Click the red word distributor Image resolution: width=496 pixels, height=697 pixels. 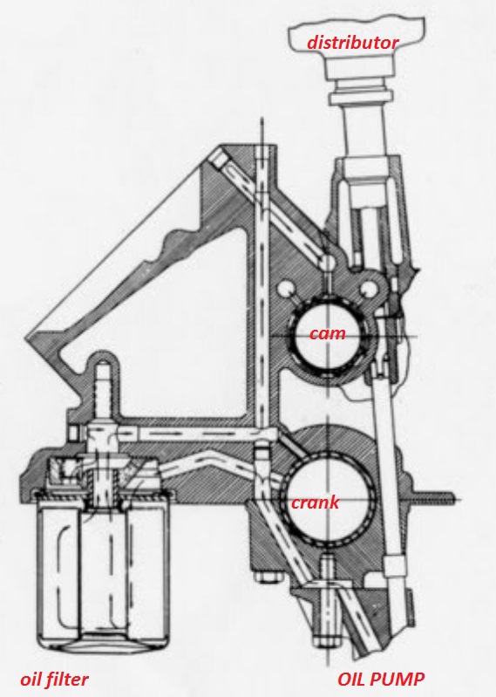pos(353,43)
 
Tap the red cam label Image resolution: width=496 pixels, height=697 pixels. pos(327,333)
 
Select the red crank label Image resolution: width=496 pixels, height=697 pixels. pos(316,502)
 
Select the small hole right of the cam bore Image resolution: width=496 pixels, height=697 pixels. pos(368,289)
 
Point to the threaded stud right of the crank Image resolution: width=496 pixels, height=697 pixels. pos(435,499)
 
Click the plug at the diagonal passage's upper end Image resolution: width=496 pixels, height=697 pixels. pos(220,159)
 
